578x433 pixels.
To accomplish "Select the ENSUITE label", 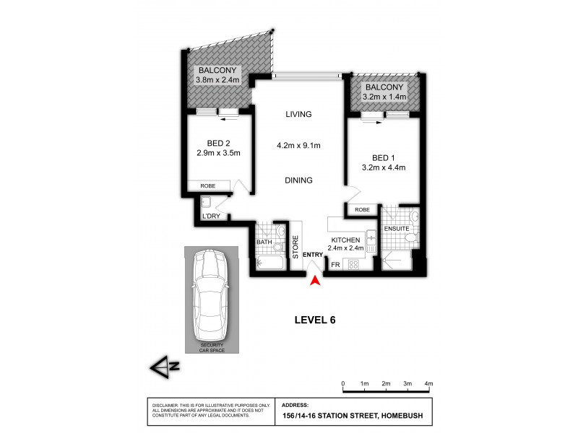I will tap(397, 229).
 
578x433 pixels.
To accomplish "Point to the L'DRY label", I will tap(211, 216).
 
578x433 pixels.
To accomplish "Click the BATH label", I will tap(264, 242).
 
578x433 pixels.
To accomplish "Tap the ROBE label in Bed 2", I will tap(209, 186).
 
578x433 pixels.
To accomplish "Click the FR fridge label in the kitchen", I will tap(335, 265).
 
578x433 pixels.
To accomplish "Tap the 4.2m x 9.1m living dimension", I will tap(298, 146).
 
